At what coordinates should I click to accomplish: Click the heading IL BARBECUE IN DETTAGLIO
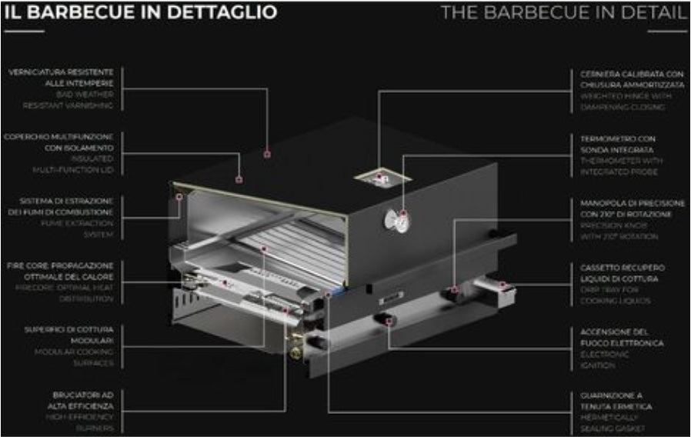click(x=140, y=12)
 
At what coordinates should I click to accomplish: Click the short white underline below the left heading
click(x=24, y=32)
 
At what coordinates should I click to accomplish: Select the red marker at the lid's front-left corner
click(x=179, y=196)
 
